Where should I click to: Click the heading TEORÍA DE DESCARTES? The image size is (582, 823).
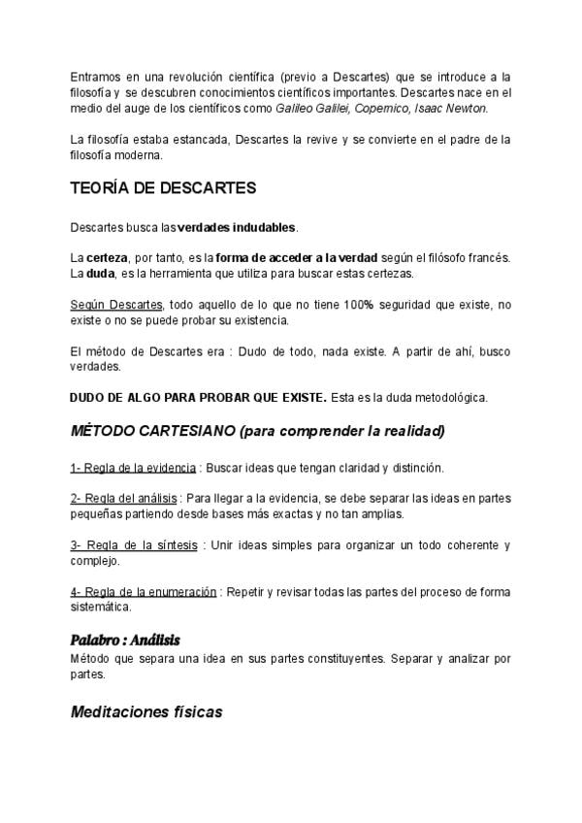[163, 187]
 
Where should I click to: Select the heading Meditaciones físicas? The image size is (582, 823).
[146, 711]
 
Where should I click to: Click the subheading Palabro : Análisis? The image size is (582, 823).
[125, 641]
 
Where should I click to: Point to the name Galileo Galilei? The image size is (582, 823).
[315, 107]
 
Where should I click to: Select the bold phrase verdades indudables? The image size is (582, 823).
[237, 227]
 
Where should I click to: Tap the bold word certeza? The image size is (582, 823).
[107, 257]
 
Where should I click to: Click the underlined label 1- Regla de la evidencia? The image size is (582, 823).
[134, 468]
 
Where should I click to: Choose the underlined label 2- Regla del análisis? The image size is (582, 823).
[124, 499]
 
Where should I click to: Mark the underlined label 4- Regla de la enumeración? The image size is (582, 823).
[144, 592]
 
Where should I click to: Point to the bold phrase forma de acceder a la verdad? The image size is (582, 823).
[297, 257]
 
